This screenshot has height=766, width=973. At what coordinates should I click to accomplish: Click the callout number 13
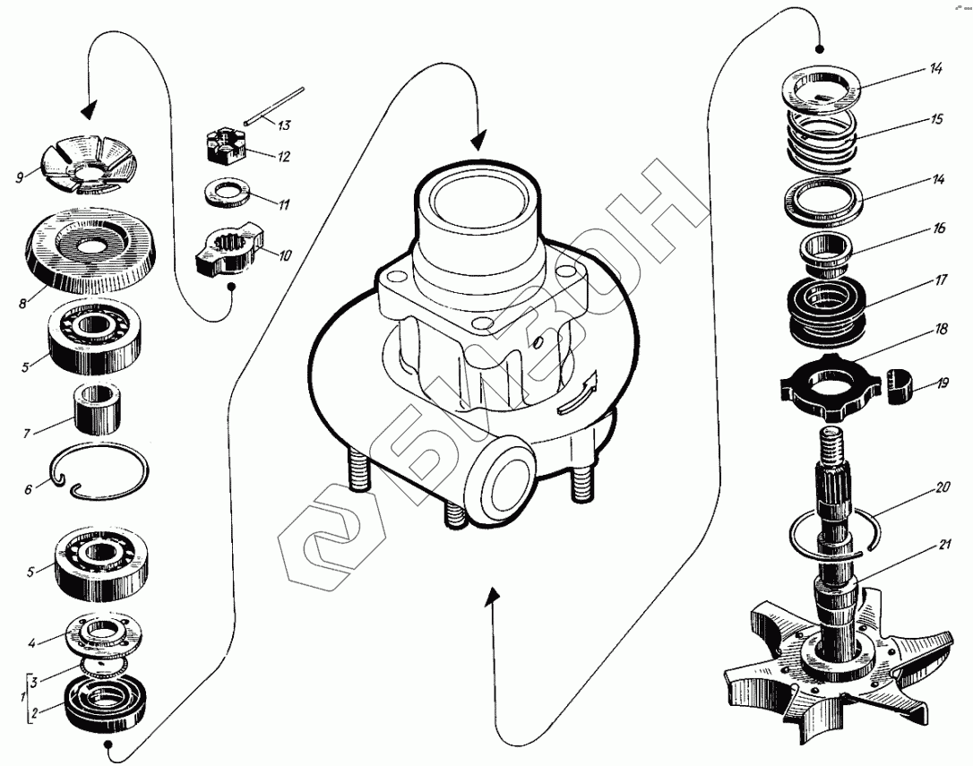click(x=286, y=125)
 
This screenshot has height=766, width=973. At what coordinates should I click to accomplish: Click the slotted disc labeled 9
click(x=90, y=168)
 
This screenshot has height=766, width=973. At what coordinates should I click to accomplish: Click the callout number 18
click(x=941, y=328)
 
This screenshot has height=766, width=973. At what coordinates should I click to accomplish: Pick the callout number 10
click(x=285, y=255)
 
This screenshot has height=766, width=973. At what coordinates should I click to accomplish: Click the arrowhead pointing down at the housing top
click(x=479, y=139)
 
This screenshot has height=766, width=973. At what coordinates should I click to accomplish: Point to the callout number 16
click(x=939, y=228)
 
